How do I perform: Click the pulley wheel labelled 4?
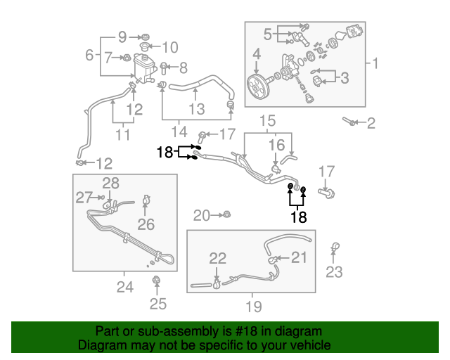click(x=258, y=87)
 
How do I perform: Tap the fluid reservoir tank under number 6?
click(x=144, y=68)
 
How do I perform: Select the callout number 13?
click(x=197, y=109)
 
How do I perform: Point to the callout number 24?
click(x=125, y=287)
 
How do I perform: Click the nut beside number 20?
click(x=226, y=214)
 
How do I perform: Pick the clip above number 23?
click(x=335, y=247)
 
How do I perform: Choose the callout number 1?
click(x=375, y=63)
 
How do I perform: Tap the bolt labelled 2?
click(x=349, y=121)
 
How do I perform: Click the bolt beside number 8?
click(x=163, y=68)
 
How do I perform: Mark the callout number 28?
click(x=111, y=183)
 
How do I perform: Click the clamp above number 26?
click(x=146, y=200)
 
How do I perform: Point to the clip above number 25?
click(x=156, y=280)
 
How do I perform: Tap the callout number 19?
click(x=254, y=307)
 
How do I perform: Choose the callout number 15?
click(x=267, y=120)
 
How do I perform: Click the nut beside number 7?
click(x=127, y=58)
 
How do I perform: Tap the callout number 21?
click(x=299, y=257)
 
